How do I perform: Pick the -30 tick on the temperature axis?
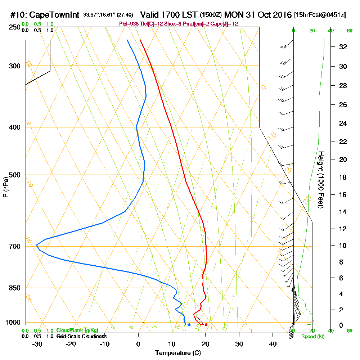click(37, 344)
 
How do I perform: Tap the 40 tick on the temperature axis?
click(273, 344)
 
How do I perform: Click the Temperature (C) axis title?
click(178, 353)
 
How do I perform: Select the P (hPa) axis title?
click(5, 187)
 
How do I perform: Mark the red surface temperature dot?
click(206, 325)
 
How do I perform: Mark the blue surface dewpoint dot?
click(189, 325)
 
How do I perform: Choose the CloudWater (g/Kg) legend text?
click(77, 330)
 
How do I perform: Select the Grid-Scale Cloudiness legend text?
click(81, 336)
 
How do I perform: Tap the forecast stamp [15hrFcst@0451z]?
click(320, 15)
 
